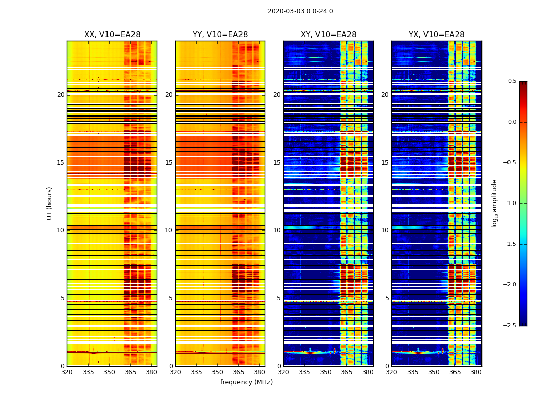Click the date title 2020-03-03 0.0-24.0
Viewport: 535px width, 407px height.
click(x=300, y=11)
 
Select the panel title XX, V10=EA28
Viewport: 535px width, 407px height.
click(x=112, y=35)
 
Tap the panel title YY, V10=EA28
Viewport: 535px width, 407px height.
click(x=220, y=35)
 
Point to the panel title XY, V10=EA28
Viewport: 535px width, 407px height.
click(x=328, y=35)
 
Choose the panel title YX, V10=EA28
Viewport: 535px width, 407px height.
click(x=436, y=35)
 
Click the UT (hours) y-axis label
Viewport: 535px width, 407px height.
click(x=49, y=203)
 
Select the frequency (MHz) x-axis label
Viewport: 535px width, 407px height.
click(x=246, y=382)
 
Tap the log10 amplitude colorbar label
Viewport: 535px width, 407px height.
click(x=494, y=203)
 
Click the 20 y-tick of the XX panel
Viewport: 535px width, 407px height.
click(x=61, y=95)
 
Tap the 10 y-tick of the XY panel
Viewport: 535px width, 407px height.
click(x=277, y=230)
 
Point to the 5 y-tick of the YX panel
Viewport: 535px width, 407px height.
click(x=387, y=298)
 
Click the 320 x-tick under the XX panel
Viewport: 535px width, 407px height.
click(x=67, y=372)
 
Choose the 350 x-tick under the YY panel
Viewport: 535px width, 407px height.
click(x=217, y=372)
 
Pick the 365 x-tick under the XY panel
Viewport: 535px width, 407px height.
click(x=346, y=372)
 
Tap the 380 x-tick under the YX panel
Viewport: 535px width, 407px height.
click(x=476, y=372)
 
